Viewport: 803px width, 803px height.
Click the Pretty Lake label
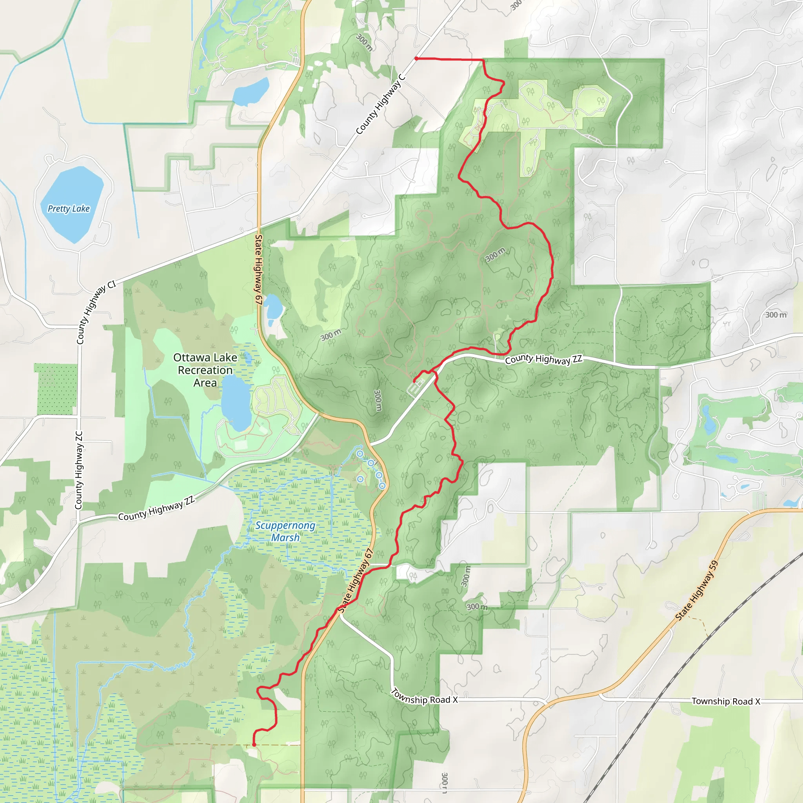69,209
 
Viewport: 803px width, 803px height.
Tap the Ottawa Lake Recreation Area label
205,370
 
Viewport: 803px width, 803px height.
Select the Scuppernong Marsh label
285,531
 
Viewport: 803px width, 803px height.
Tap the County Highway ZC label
78,470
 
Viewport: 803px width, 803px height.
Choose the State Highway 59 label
697,590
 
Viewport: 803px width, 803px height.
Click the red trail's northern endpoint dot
416,58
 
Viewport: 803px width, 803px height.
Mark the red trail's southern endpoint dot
254,745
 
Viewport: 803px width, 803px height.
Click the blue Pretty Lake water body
71,203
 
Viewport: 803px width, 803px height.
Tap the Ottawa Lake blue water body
235,403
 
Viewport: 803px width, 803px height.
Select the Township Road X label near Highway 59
726,701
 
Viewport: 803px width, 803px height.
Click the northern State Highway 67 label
258,270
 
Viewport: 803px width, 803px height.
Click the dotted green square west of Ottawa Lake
56,389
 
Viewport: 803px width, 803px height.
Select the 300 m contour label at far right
776,314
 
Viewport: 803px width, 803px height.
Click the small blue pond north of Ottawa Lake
273,308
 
